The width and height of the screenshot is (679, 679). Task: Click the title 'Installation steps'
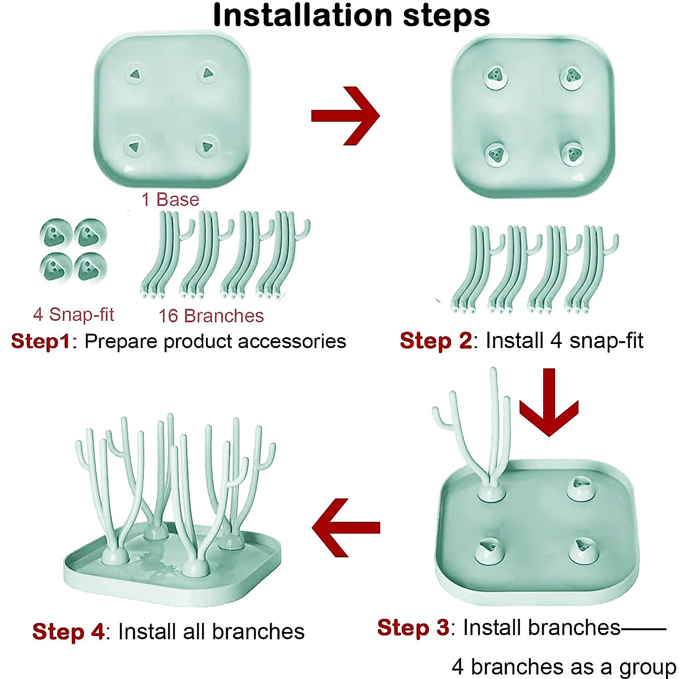351,16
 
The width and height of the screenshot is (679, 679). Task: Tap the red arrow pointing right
346,115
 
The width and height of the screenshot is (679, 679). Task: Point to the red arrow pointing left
346,527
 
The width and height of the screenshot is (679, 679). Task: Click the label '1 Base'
170,200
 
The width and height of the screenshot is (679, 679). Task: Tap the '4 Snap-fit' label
74,315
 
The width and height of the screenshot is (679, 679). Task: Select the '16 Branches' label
211,316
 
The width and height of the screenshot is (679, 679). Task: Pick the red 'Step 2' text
435,341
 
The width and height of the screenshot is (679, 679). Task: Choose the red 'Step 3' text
412,628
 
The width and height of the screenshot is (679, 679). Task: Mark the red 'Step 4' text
68,631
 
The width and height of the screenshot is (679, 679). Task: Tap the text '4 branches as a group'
563,667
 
